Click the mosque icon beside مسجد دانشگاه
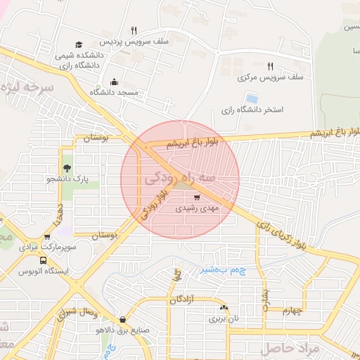point(115,82)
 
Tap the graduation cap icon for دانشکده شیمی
point(79,45)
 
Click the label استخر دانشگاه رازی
point(252,110)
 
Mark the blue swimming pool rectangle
point(251,98)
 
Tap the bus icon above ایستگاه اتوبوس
point(47,238)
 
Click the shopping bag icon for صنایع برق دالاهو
point(123,320)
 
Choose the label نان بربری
point(223,319)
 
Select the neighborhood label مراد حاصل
point(290,348)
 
